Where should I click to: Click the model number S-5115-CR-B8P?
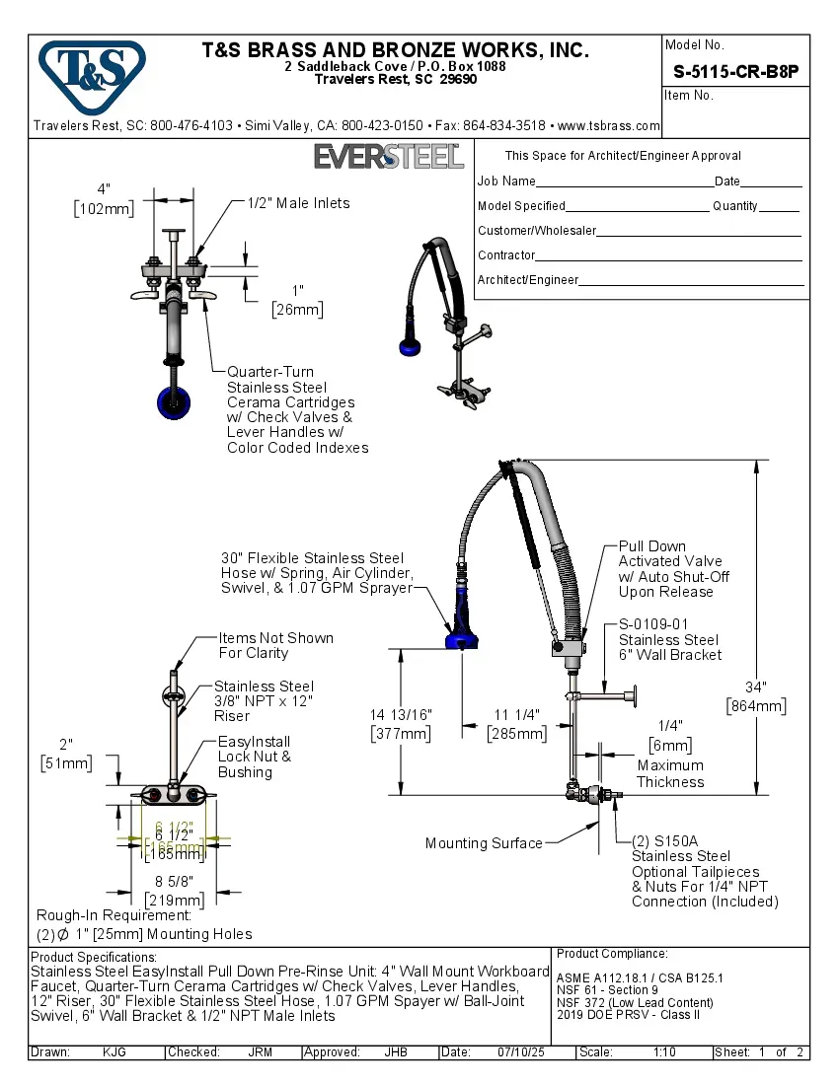pos(735,71)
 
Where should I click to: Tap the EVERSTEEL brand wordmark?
pos(388,156)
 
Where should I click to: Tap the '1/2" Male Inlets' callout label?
pos(298,203)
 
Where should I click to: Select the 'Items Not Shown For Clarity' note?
pos(275,645)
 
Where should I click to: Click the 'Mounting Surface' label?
pos(484,843)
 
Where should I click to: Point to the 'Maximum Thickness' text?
pos(670,773)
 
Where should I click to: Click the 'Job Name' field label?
pos(506,181)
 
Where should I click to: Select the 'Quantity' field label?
pos(735,206)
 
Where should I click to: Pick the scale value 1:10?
pos(664,1052)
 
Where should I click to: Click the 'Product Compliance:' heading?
pos(612,954)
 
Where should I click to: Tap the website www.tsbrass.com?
pos(608,126)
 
